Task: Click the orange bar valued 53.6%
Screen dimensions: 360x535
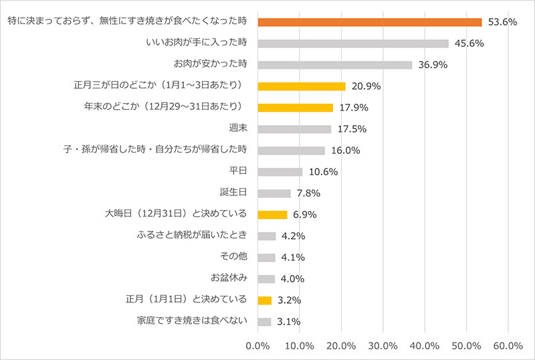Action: point(369,22)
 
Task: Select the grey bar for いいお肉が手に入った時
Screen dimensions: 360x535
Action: point(352,43)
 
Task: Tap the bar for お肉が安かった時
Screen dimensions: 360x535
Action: point(334,65)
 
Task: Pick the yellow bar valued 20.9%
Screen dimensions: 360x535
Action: point(301,86)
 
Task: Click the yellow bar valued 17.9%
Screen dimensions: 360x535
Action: point(295,108)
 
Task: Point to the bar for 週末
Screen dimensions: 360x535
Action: point(294,129)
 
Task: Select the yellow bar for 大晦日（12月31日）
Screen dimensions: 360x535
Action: point(272,215)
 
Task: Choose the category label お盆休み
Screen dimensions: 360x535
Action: point(229,278)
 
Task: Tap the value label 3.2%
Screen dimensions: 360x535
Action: point(288,300)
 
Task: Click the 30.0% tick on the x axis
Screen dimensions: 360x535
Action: point(383,346)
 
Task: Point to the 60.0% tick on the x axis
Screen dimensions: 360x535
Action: point(508,346)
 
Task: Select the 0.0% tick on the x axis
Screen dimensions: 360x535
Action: point(257,346)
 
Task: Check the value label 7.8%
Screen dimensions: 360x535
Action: point(308,193)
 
